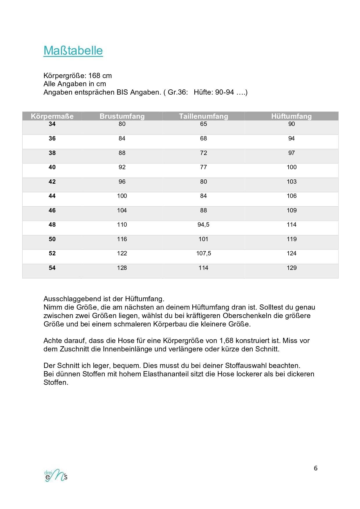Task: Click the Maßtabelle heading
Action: [73, 50]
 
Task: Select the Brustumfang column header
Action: [122, 116]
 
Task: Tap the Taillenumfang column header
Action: [203, 116]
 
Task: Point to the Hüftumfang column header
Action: [291, 116]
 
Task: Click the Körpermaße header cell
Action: [52, 116]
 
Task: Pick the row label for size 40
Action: [52, 167]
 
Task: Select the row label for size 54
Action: [52, 268]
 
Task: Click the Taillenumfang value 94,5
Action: [203, 225]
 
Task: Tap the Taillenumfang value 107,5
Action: [203, 253]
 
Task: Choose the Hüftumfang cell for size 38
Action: [291, 153]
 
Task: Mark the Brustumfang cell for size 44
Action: [122, 196]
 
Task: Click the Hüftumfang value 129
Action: [291, 268]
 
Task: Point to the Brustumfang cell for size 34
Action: [122, 124]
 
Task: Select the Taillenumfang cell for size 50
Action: [203, 239]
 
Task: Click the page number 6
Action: [316, 468]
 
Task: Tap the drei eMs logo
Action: [56, 475]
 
